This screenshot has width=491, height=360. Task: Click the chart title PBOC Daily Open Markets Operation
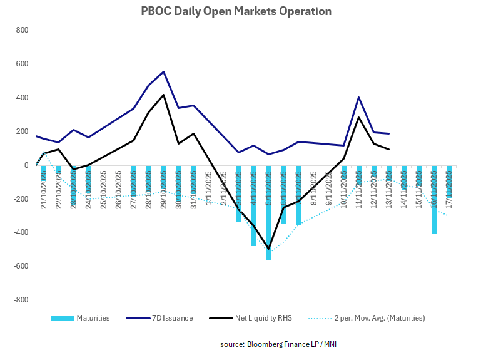[245, 11]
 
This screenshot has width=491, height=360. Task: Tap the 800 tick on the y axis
[22, 30]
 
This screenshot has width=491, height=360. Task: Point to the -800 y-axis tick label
[21, 299]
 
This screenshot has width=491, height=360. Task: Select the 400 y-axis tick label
[22, 98]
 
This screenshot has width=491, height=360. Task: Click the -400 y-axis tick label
[21, 232]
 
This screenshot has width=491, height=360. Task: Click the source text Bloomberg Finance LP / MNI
[282, 344]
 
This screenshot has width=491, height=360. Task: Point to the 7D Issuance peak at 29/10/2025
[163, 71]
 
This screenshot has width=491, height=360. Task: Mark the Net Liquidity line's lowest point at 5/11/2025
[269, 249]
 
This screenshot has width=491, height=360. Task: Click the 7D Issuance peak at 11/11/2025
[358, 97]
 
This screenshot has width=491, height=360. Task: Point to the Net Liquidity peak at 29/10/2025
[163, 95]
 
